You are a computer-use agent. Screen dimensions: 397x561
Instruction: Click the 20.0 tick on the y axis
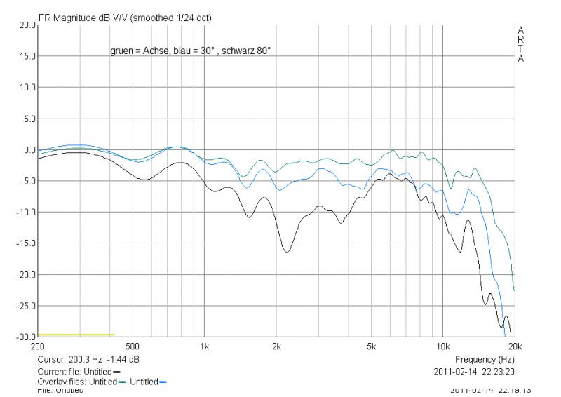27,25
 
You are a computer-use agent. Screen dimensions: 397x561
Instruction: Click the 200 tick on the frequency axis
39,346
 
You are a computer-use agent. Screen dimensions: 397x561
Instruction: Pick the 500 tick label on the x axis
133,346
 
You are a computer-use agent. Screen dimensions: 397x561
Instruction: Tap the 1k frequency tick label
205,346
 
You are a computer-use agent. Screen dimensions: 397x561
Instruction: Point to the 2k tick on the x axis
277,346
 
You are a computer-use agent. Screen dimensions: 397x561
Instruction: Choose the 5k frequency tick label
372,346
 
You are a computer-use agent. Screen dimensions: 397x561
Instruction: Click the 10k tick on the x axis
443,346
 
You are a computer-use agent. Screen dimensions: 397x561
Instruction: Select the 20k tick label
514,346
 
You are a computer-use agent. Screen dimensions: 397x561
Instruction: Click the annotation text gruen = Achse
138,51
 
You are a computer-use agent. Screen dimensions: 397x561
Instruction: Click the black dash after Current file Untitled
116,372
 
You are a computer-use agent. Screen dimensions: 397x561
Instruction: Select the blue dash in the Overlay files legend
163,382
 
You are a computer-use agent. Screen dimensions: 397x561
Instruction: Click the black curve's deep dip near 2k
286,251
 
